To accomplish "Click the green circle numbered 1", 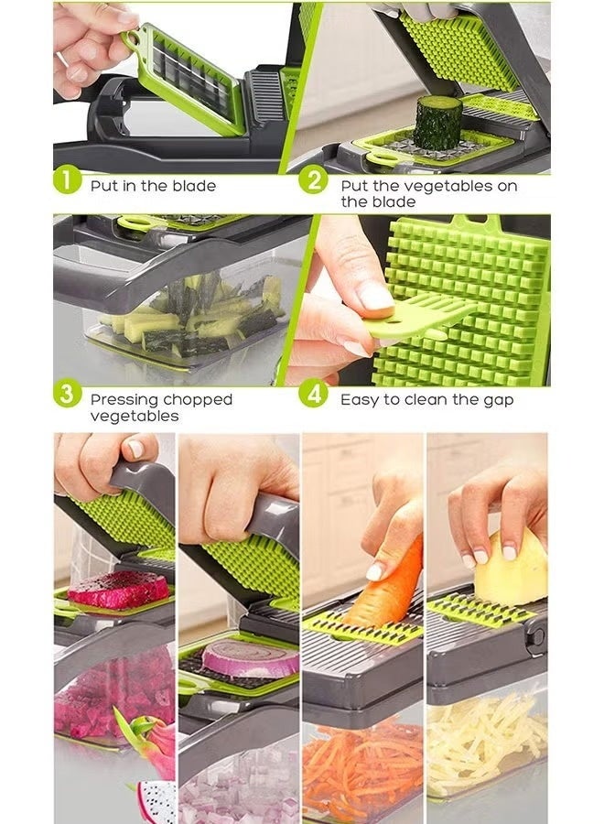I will click(x=67, y=180).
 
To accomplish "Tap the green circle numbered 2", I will click(x=314, y=180).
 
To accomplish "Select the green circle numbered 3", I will click(x=67, y=395).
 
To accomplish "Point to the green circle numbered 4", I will click(x=314, y=395).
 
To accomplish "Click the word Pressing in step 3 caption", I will click(x=124, y=400).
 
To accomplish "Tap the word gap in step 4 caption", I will click(x=497, y=400).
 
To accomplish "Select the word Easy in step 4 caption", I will click(x=359, y=400).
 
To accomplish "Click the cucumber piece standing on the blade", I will click(x=437, y=123).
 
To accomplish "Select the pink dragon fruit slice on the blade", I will click(x=118, y=589).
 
